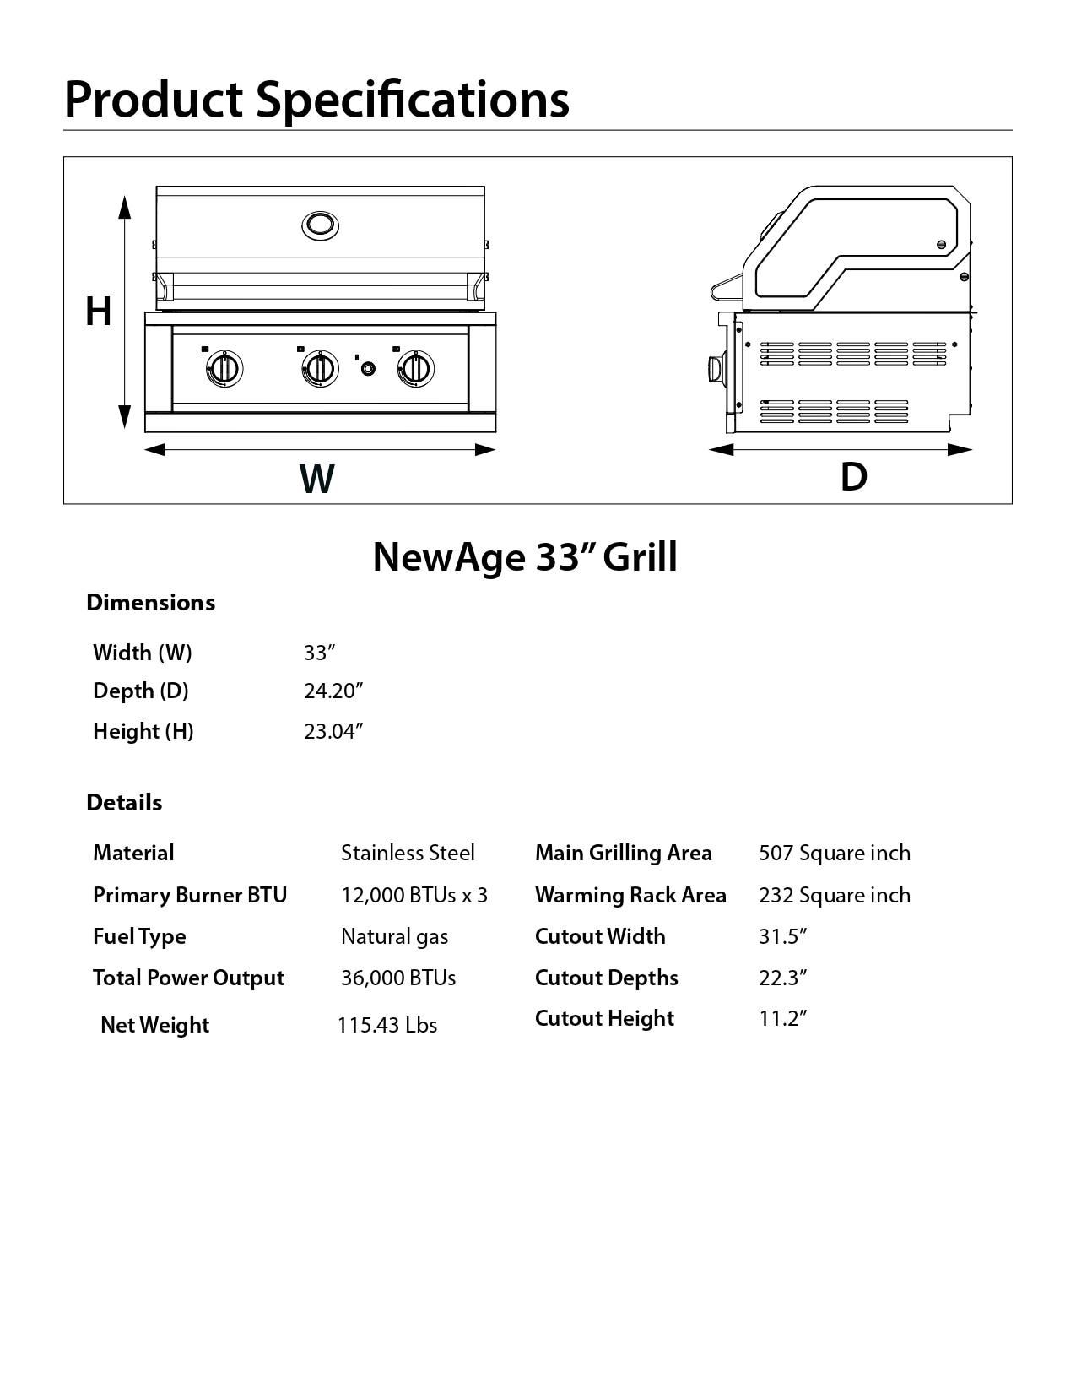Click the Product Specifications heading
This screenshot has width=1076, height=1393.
(x=316, y=99)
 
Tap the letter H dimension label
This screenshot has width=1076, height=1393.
(x=98, y=312)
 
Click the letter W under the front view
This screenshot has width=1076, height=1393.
(x=317, y=479)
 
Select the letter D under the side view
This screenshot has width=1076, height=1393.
(x=853, y=477)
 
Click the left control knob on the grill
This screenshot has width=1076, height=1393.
(x=224, y=369)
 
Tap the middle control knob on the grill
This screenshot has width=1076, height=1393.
(x=320, y=369)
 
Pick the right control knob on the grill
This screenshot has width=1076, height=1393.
(x=416, y=369)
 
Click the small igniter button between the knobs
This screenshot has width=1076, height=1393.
(x=368, y=369)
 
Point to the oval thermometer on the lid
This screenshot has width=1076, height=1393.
(x=320, y=225)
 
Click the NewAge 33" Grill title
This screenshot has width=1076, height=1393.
(x=525, y=557)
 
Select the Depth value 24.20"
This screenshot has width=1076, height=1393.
(x=333, y=691)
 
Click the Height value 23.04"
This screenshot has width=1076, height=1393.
(x=333, y=731)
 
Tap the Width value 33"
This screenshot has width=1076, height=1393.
(x=320, y=653)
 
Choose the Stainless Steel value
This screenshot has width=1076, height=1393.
(x=408, y=853)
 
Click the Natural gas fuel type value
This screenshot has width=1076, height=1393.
(x=394, y=936)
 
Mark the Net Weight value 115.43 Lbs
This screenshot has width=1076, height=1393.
(x=387, y=1025)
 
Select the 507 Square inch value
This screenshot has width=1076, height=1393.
(x=834, y=853)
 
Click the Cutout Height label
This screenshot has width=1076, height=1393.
(x=604, y=1018)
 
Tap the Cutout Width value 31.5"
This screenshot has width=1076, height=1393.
(x=782, y=936)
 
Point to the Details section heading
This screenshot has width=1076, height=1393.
(x=124, y=802)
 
